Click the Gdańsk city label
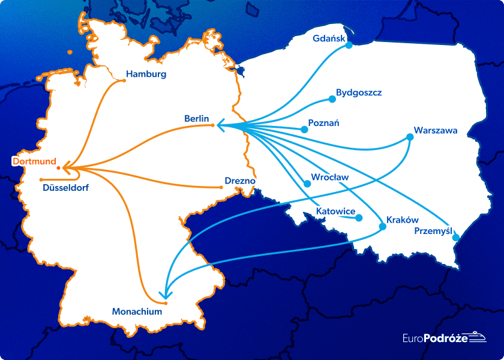329,39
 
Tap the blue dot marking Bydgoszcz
331,99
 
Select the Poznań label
323,123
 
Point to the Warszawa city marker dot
410,137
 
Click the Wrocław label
329,178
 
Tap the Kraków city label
402,220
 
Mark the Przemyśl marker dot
454,239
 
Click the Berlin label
196,119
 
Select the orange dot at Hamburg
124,80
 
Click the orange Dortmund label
34,161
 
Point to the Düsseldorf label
66,188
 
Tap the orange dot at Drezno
221,188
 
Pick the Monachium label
137,311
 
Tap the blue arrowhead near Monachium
166,295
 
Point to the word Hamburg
146,74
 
